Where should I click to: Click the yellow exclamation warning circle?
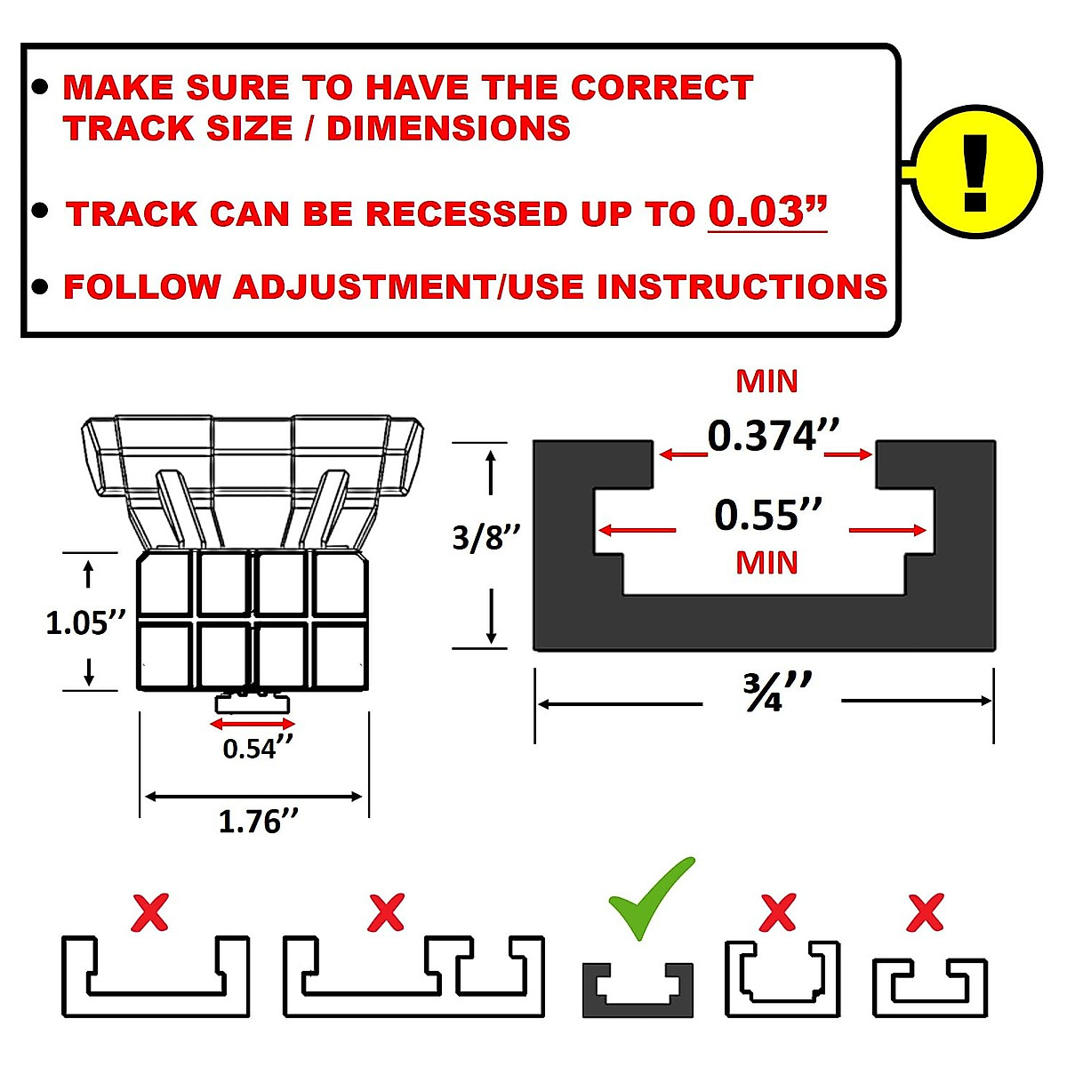click(975, 172)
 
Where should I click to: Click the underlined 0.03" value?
click(767, 212)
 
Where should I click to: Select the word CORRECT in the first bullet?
click(662, 87)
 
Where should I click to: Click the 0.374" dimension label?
click(773, 436)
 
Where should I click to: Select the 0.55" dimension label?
click(768, 515)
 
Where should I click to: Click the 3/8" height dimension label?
click(486, 538)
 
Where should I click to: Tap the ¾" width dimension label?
click(776, 693)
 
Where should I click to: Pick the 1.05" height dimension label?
click(85, 622)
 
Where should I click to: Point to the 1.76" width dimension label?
click(258, 821)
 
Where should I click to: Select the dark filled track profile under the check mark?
click(638, 991)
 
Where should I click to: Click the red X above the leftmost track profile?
click(149, 912)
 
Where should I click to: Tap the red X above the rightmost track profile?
click(925, 912)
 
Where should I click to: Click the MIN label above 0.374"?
click(766, 381)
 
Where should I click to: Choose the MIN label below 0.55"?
click(766, 563)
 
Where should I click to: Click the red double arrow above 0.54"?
click(252, 725)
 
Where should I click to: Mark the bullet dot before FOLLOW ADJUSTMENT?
click(39, 287)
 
